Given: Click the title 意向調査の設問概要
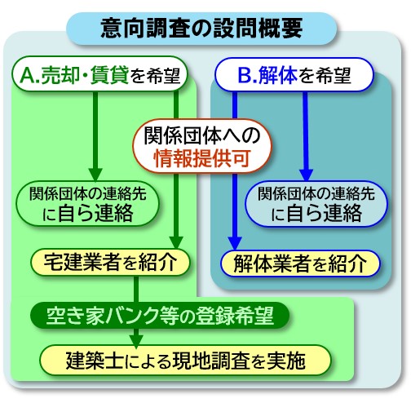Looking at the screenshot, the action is point(201,29).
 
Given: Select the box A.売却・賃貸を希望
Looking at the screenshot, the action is point(99,73).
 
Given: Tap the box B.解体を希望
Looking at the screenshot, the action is point(294,74).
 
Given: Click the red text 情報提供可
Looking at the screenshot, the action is point(202,158).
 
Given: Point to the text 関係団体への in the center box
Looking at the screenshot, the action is point(202,135).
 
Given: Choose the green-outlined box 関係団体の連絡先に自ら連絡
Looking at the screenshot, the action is point(87,203).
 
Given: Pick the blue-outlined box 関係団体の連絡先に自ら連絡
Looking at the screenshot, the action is point(316,204).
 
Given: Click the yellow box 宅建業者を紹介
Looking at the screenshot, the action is point(110,263).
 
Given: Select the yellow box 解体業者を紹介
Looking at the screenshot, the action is point(300,263).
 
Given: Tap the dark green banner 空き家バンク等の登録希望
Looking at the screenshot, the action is point(160,316).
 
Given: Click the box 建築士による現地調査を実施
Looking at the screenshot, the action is point(186,361).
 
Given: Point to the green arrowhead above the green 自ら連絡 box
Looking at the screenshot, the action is point(95,175).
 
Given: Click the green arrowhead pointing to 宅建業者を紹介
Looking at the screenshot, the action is point(176,242).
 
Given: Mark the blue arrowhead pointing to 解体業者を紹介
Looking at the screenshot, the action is point(235,243).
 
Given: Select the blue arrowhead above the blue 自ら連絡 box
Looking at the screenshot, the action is point(307,175).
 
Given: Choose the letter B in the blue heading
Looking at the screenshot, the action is point(244,75).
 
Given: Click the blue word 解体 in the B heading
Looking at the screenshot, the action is point(278,75).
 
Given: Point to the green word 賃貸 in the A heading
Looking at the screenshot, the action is point(109,74).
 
